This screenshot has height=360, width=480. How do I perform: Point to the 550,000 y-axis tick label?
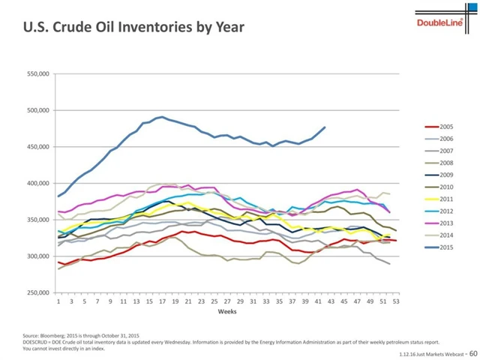tap(37, 73)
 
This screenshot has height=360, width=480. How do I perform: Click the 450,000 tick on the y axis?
tap(37, 146)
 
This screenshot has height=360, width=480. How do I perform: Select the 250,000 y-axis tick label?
tap(37, 292)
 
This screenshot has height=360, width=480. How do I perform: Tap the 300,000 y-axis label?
tap(37, 256)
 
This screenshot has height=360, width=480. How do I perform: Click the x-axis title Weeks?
tap(227, 310)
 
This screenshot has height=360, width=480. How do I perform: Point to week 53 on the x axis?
tap(396, 301)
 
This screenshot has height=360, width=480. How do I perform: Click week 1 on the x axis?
tap(58, 301)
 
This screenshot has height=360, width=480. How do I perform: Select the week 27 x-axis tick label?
tap(227, 301)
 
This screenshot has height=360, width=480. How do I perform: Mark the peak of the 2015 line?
tap(160, 116)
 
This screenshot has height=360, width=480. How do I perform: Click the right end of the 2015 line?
tap(325, 127)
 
